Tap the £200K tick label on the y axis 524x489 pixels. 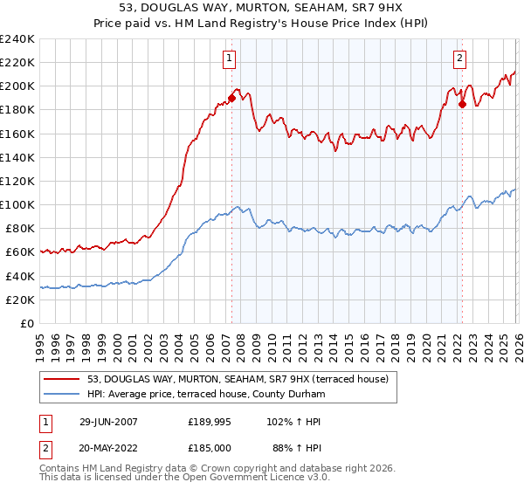pyautogui.click(x=17, y=86)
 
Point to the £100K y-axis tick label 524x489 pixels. pyautogui.click(x=17, y=204)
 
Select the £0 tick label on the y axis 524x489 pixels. pyautogui.click(x=27, y=323)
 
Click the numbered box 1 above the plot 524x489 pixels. pyautogui.click(x=230, y=59)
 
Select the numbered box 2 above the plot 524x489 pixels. pyautogui.click(x=459, y=59)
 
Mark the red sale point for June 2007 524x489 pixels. pyautogui.click(x=232, y=98)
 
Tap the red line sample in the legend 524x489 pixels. pyautogui.click(x=63, y=379)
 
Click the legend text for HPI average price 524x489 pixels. pyautogui.click(x=206, y=395)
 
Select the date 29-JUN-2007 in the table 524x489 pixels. pyautogui.click(x=108, y=421)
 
